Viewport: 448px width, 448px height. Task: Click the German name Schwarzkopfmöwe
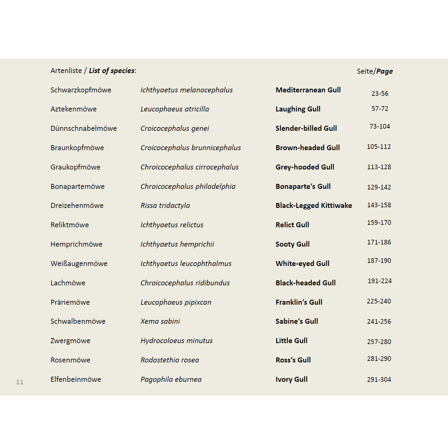(81, 90)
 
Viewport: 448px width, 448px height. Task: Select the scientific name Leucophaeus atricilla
(175, 109)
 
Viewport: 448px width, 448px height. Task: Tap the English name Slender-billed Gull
(306, 128)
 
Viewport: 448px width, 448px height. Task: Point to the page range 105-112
(379, 147)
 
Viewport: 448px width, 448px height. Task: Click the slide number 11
(20, 382)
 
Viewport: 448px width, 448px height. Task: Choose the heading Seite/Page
(375, 71)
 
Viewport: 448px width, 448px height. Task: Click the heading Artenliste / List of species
(93, 71)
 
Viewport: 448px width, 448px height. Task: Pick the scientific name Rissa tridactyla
(165, 205)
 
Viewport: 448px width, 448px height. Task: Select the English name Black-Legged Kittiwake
(313, 205)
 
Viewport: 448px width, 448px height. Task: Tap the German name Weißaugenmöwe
(79, 263)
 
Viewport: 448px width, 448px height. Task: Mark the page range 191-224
(380, 281)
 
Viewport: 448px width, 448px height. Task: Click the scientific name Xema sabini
(160, 321)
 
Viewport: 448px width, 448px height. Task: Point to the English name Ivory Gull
(291, 379)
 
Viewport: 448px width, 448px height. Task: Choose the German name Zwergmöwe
(70, 341)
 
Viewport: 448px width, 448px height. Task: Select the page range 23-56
(380, 94)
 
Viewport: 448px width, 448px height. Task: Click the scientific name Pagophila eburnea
(171, 379)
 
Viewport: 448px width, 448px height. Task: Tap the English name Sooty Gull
(293, 244)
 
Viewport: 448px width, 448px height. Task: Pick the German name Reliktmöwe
(70, 225)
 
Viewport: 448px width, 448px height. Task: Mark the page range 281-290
(379, 359)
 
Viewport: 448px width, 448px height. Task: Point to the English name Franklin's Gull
(299, 302)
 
